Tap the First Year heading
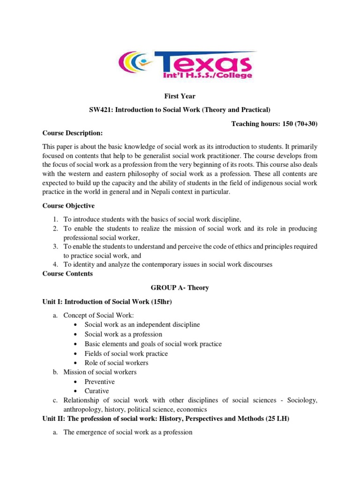[180, 97]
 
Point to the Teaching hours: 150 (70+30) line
[274, 123]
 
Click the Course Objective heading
[68, 206]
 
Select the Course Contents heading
[67, 274]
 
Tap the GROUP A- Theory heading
[180, 288]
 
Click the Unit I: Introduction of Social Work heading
[107, 302]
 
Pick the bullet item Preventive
[99, 382]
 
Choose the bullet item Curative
[97, 391]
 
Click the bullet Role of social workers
[116, 363]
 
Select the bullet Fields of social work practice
[126, 353]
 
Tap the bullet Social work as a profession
[123, 334]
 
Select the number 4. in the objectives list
[55, 264]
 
